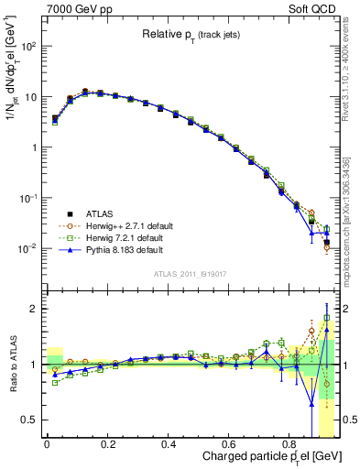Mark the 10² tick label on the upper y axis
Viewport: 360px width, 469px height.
pos(29,46)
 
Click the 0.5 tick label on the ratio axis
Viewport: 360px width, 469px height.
pos(31,420)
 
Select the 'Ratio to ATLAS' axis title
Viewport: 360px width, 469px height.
pos(11,364)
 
